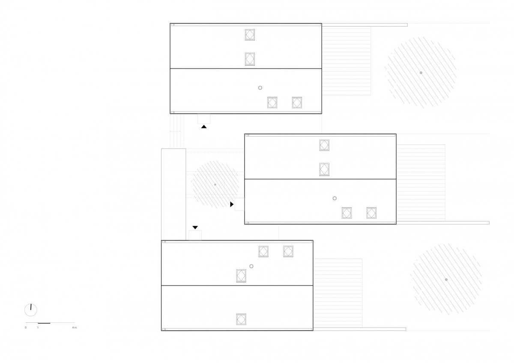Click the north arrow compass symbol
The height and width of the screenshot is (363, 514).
tap(30, 310)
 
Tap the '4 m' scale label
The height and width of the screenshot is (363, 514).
tap(75, 327)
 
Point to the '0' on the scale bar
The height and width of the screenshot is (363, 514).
tap(25, 327)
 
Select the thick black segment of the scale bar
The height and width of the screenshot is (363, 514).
tap(44, 323)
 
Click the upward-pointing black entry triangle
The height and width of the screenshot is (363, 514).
tap(204, 127)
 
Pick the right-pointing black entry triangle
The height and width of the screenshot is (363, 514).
tap(232, 204)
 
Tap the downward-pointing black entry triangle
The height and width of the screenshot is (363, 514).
tap(195, 227)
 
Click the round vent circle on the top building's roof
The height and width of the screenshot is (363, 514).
tap(260, 88)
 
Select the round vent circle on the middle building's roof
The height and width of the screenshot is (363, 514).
tap(335, 198)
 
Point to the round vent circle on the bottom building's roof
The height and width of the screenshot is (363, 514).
tap(251, 266)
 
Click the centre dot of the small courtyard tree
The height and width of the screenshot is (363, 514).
tap(215, 184)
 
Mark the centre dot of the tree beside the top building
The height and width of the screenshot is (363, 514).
tap(421, 73)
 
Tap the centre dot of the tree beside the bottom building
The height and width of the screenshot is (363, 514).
tap(446, 280)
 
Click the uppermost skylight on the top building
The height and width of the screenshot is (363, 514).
tap(250, 35)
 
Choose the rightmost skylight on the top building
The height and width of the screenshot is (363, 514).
tap(297, 102)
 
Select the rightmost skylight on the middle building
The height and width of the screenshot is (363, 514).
tap(371, 213)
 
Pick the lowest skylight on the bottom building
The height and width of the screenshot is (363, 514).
tap(241, 319)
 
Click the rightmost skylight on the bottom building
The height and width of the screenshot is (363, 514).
tap(288, 251)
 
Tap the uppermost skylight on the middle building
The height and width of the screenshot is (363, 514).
tap(324, 145)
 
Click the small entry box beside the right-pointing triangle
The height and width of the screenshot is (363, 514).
tap(239, 204)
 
